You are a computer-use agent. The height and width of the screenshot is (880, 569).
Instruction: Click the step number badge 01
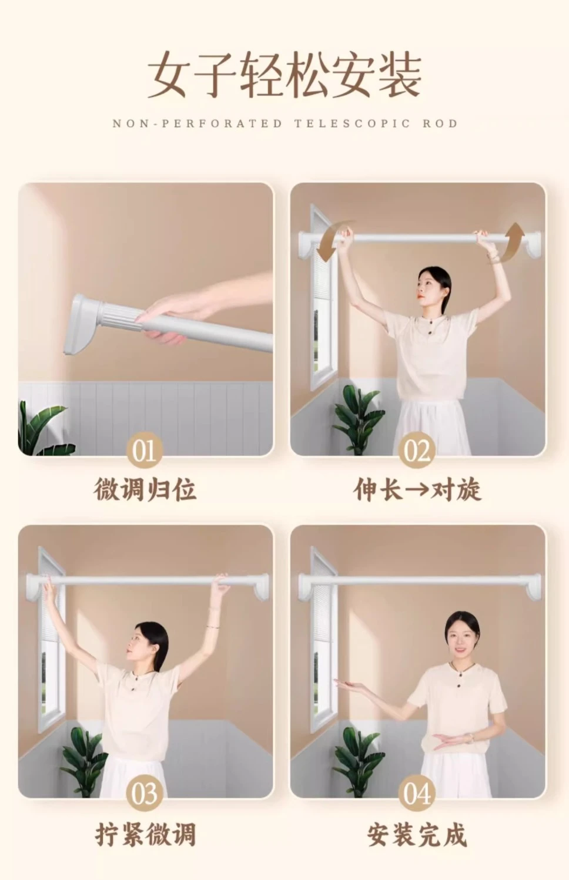tap(145, 450)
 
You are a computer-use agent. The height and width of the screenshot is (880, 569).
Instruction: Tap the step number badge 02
tap(417, 450)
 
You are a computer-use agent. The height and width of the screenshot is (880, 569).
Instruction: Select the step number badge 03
tap(145, 792)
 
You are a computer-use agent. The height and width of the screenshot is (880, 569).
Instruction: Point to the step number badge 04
tap(417, 792)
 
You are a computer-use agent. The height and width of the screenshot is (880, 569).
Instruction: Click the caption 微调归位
tap(145, 489)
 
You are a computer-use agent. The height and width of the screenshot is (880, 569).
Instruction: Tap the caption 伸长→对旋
tap(417, 489)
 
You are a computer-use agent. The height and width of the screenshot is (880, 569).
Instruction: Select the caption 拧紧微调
tap(145, 834)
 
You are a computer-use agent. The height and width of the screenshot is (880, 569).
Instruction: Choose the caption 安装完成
tap(417, 834)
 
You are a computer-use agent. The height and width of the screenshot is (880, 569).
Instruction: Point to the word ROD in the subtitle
tap(440, 123)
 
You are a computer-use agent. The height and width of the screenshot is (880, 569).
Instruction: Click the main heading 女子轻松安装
tap(284, 75)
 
